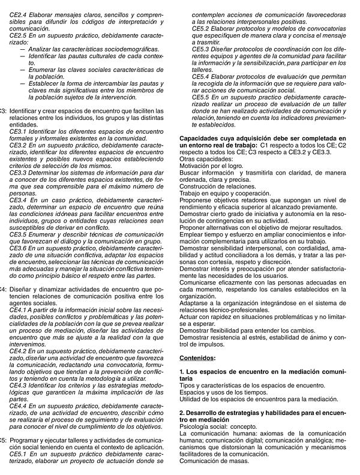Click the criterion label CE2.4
point(20,13)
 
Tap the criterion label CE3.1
point(20,131)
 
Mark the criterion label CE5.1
point(20,453)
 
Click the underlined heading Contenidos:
point(197,357)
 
